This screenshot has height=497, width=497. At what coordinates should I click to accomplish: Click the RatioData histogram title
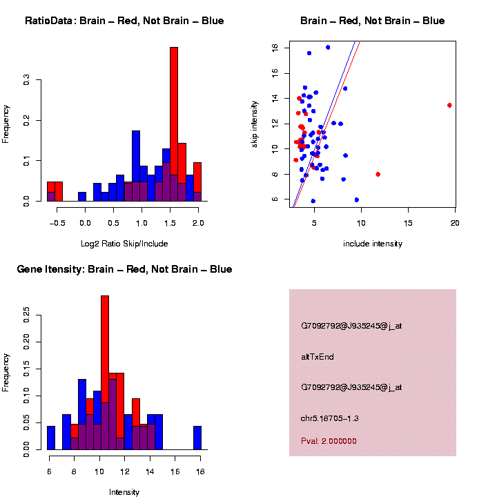124,21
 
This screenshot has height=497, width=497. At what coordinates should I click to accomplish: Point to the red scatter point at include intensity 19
449,105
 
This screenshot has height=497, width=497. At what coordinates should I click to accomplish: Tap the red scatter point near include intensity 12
378,174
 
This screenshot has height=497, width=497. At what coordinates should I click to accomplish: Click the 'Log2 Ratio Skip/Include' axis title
124,243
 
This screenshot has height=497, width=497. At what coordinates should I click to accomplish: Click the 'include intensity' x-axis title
373,243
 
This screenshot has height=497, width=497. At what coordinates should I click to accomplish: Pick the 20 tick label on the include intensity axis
455,222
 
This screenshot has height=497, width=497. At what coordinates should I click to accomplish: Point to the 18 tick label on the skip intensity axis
275,48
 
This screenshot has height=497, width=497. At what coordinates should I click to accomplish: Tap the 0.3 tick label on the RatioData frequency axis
27,81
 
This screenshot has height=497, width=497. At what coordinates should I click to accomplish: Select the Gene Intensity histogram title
124,269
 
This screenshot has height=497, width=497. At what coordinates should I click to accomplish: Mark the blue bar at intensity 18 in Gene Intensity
197,438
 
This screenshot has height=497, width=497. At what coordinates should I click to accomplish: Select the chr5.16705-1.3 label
330,418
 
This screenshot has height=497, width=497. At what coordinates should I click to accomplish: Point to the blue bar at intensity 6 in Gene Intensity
51,438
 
